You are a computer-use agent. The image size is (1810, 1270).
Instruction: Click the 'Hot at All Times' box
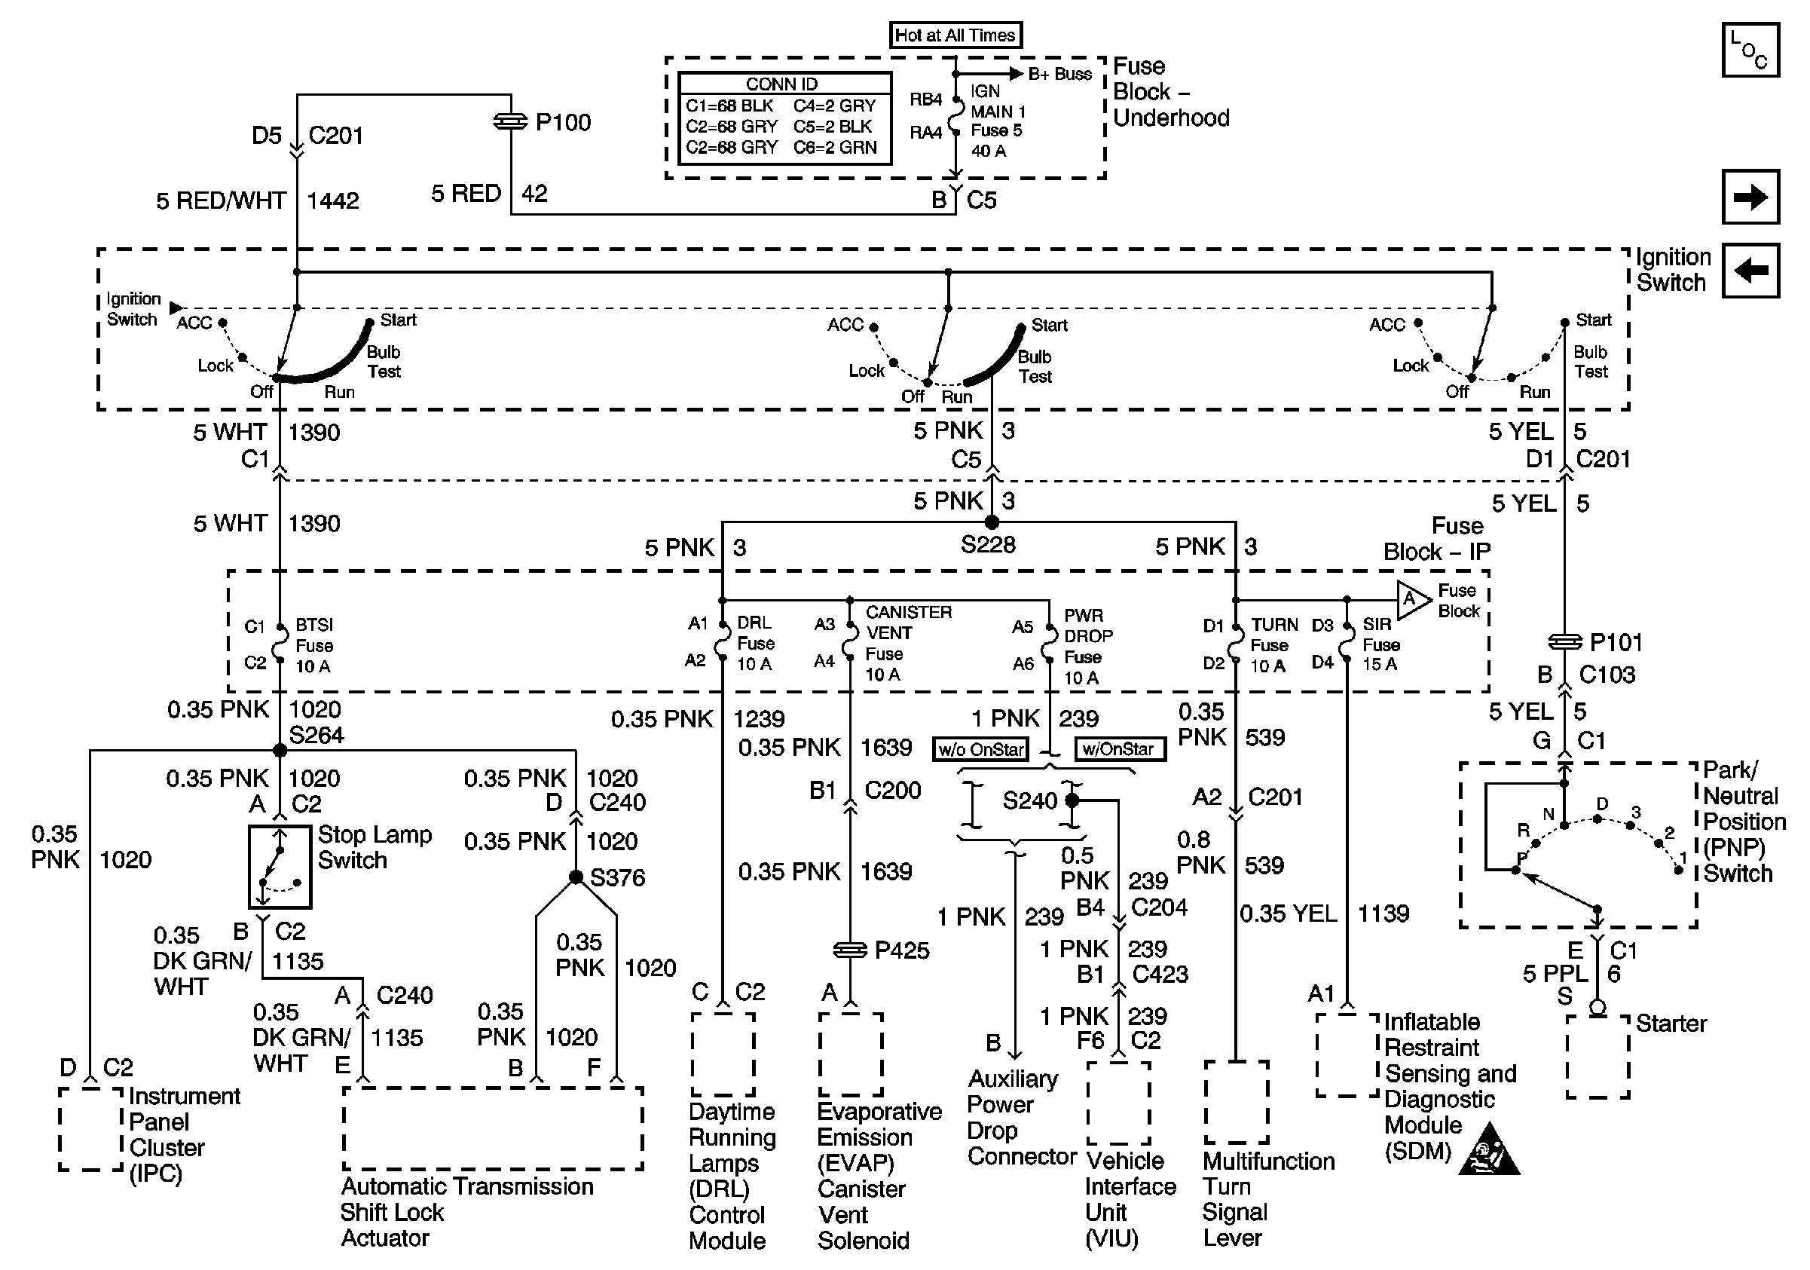[x=955, y=35]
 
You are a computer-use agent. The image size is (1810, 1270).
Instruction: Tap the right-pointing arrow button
[x=1750, y=197]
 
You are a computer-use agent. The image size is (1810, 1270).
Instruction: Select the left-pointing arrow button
[x=1750, y=271]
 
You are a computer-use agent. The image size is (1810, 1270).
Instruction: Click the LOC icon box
[x=1750, y=50]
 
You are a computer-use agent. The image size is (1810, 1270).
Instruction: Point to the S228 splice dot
[x=992, y=522]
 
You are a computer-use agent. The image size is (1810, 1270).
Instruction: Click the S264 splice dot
[x=279, y=750]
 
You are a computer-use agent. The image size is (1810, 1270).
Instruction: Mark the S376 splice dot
[x=576, y=877]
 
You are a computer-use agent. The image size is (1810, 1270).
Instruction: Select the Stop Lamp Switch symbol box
[x=280, y=866]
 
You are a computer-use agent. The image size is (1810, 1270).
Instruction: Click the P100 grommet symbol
[x=510, y=122]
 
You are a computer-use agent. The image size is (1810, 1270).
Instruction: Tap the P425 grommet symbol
[x=850, y=950]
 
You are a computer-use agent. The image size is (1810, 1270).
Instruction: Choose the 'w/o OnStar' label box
[x=980, y=749]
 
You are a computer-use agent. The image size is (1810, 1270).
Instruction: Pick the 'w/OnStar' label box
[x=1120, y=749]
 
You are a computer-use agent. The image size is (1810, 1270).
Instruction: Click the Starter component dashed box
[x=1598, y=1057]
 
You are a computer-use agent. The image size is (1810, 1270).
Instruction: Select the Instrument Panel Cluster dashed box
[x=90, y=1129]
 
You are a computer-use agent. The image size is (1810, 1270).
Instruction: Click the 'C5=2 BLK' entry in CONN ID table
[x=834, y=126]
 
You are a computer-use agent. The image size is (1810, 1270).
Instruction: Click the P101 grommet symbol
[x=1565, y=642]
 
